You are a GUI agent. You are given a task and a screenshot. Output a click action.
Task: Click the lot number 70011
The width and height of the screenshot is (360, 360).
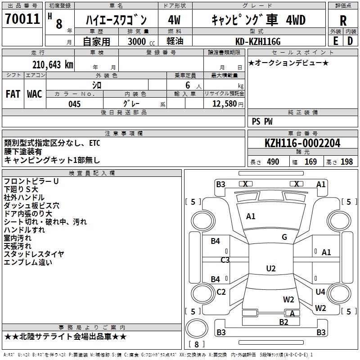(x=22, y=19)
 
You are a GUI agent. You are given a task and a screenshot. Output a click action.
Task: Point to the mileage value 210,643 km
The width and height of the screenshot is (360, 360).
(x=53, y=64)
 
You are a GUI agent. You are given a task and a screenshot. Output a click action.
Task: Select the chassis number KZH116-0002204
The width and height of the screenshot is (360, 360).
(x=302, y=144)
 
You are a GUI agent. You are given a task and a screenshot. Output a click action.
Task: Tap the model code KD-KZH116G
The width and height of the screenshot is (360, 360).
(x=258, y=41)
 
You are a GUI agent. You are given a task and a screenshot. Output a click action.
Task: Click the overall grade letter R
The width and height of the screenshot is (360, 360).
(x=343, y=20)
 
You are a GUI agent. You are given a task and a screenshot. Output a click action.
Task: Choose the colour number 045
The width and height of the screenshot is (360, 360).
(x=74, y=104)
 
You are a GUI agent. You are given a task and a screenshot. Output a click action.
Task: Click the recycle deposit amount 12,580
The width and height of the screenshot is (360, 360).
(x=224, y=104)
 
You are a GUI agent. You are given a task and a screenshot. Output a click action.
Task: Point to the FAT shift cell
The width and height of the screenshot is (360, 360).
(x=13, y=94)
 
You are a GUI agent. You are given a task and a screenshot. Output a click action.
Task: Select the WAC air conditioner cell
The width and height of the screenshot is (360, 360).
(x=35, y=94)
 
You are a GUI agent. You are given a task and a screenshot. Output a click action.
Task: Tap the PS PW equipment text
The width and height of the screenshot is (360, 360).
(x=262, y=121)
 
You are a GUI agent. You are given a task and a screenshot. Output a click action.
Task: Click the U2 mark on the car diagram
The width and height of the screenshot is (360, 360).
(x=271, y=269)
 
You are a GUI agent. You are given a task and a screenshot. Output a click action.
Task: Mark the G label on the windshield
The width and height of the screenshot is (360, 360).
(x=284, y=237)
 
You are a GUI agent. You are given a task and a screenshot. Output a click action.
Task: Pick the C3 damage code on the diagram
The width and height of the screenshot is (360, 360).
(x=225, y=260)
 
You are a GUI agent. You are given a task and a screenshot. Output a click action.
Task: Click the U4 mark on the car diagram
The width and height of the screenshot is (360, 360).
(x=320, y=292)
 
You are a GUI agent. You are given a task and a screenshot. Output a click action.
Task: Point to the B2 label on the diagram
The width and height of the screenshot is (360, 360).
(x=283, y=322)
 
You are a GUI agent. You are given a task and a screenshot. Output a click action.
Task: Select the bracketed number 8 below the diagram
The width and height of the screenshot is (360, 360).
(x=196, y=344)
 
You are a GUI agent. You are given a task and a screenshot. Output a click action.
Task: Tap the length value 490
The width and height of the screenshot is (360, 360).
(x=273, y=162)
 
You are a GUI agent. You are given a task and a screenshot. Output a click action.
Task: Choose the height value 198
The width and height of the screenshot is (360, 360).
(x=346, y=162)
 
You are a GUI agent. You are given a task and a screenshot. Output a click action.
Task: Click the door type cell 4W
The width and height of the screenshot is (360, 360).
(x=174, y=20)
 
